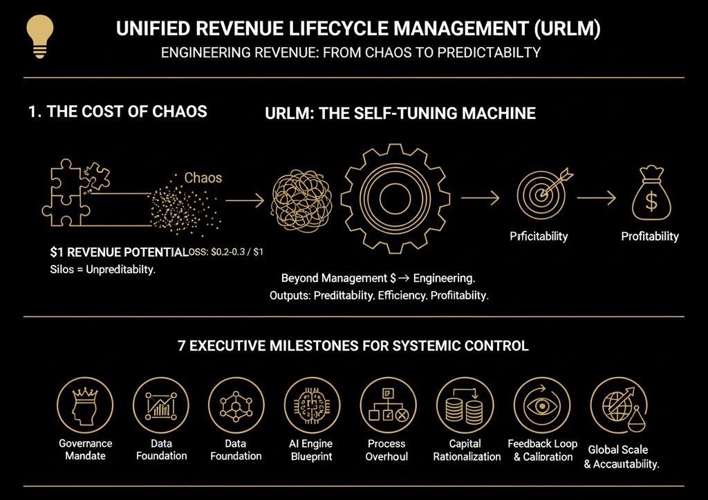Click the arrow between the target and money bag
(596, 198)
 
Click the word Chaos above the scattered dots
(203, 178)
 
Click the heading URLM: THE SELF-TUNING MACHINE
(400, 113)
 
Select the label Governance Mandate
(85, 450)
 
